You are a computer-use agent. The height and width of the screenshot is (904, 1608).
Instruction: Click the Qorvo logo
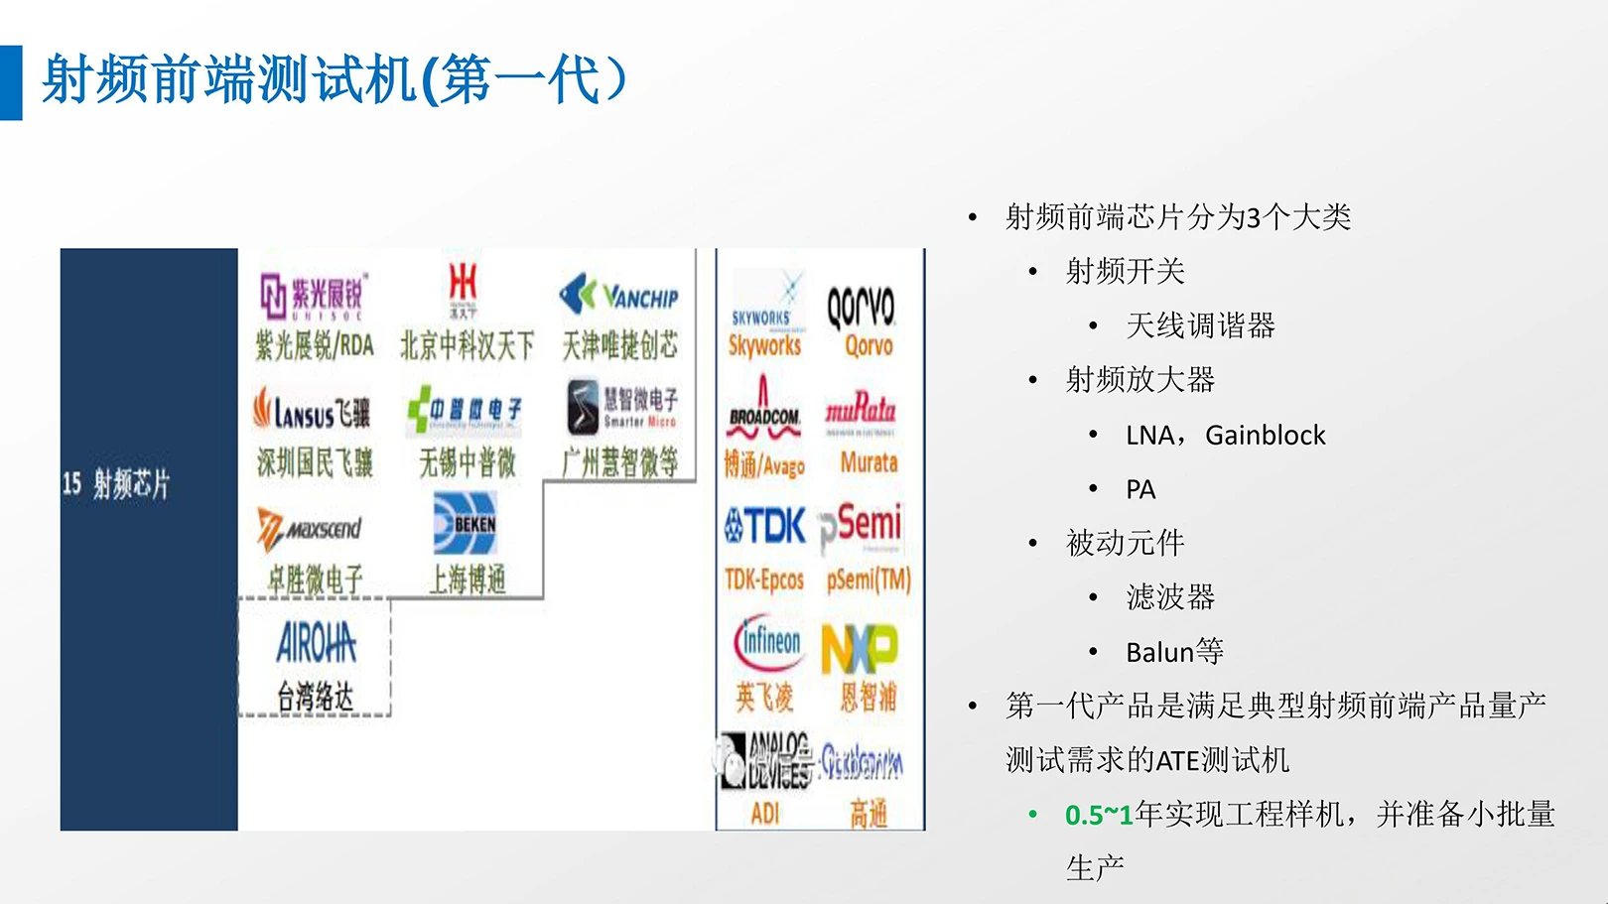point(861,307)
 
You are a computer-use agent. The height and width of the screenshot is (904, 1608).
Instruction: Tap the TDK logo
point(764,526)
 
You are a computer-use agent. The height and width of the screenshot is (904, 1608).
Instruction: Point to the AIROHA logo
point(316,644)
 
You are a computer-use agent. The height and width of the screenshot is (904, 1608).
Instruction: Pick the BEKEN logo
point(465,524)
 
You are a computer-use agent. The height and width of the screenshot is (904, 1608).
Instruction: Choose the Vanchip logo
point(619,295)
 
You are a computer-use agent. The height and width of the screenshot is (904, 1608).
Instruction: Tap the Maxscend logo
point(310,528)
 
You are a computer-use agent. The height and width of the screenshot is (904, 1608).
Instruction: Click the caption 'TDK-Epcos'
point(763,580)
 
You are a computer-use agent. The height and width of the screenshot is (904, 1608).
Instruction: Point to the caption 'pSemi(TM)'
point(869,580)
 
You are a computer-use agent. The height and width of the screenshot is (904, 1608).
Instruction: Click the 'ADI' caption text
point(765,814)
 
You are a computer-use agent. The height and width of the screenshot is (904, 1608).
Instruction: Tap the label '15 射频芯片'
point(116,484)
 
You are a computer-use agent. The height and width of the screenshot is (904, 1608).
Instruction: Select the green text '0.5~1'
point(1099,816)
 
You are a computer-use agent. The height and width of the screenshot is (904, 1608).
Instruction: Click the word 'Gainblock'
point(1265,436)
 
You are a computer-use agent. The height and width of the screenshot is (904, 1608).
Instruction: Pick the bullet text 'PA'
point(1140,489)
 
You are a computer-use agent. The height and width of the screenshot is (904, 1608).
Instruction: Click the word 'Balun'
point(1159,652)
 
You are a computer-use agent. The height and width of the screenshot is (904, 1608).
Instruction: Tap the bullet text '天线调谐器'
point(1200,325)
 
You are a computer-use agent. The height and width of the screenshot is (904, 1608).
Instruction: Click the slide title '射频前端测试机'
point(228,79)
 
